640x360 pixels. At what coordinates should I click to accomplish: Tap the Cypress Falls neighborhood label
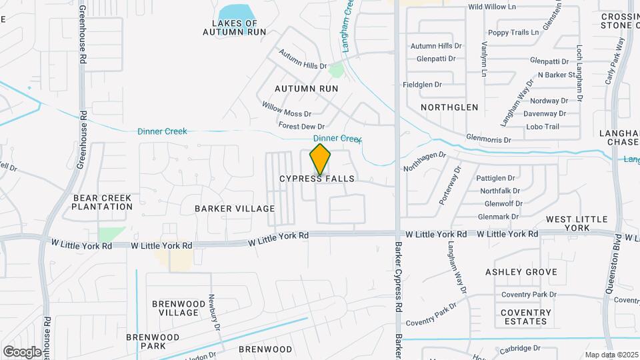[317, 179]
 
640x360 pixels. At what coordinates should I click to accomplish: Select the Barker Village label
[235, 209]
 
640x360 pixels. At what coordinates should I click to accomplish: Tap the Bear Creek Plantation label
[103, 202]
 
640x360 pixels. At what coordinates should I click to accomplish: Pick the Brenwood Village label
[175, 308]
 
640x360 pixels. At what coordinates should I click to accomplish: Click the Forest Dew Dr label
[301, 126]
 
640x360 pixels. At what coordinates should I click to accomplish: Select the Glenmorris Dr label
[488, 140]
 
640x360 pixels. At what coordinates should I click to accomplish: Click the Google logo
[22, 351]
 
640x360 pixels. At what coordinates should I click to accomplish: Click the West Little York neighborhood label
[577, 224]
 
